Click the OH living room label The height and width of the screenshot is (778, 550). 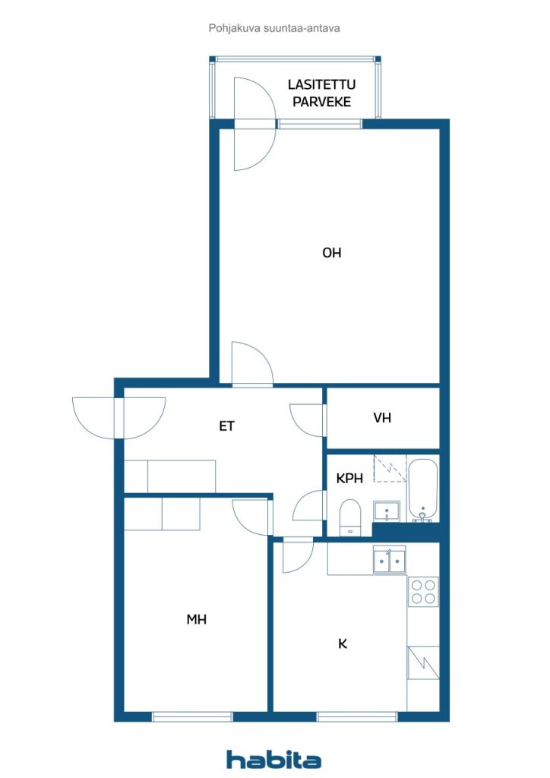[x=332, y=252]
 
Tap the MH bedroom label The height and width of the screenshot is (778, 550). [x=197, y=619]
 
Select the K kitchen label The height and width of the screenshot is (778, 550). [x=342, y=644]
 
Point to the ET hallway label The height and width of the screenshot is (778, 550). [x=226, y=425]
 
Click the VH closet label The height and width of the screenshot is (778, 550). [x=382, y=418]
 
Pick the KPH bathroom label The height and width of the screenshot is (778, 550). [x=349, y=479]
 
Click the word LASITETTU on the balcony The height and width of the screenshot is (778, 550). [x=321, y=84]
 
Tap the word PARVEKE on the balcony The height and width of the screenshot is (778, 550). [x=321, y=102]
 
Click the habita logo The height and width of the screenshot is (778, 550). [x=273, y=759]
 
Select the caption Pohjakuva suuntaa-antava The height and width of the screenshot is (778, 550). [x=274, y=28]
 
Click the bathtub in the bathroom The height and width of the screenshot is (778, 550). [x=422, y=490]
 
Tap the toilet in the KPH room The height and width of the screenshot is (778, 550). [x=350, y=517]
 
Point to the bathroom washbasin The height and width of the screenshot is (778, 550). [x=387, y=511]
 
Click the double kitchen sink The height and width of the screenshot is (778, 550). [x=389, y=560]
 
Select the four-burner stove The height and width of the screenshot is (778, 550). [x=423, y=591]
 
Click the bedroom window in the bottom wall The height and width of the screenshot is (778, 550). [x=192, y=716]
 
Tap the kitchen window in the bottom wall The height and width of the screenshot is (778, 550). [x=357, y=716]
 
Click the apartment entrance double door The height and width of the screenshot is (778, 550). [x=119, y=419]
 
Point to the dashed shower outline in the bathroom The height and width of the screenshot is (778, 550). [x=390, y=468]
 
